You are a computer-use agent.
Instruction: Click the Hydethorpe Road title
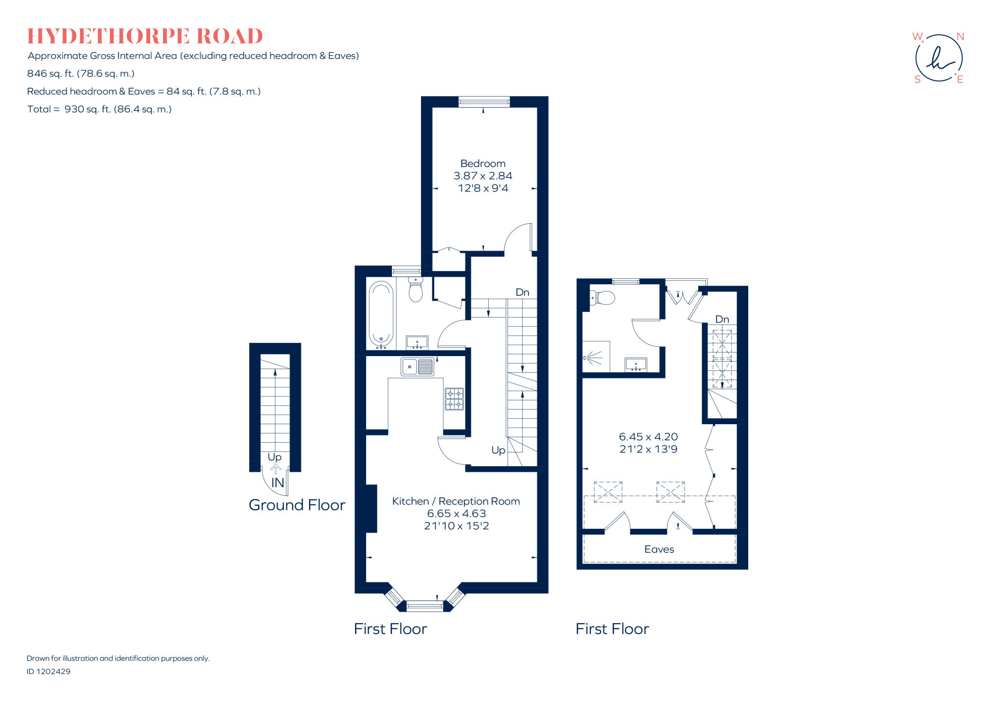click(x=145, y=36)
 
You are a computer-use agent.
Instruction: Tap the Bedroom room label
click(x=482, y=163)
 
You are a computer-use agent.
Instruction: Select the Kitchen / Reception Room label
click(x=456, y=501)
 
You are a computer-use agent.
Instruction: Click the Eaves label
click(x=659, y=549)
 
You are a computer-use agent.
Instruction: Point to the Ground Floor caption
click(x=296, y=505)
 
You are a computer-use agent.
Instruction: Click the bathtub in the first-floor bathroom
click(x=381, y=314)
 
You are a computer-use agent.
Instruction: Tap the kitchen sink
click(x=417, y=367)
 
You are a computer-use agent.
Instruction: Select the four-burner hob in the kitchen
click(x=454, y=399)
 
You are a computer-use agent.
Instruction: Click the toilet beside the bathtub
click(x=415, y=290)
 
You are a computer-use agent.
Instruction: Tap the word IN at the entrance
click(x=277, y=483)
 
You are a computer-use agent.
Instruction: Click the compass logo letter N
click(x=960, y=36)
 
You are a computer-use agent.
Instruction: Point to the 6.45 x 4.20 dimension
click(x=648, y=437)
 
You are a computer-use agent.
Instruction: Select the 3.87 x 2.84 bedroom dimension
click(x=482, y=176)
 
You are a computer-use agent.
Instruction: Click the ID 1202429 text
click(x=48, y=671)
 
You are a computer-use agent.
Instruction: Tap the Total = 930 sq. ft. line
click(x=99, y=109)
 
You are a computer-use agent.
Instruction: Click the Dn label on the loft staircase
click(x=722, y=319)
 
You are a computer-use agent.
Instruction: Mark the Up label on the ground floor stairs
click(x=275, y=457)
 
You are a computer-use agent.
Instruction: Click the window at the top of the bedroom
click(x=484, y=102)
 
